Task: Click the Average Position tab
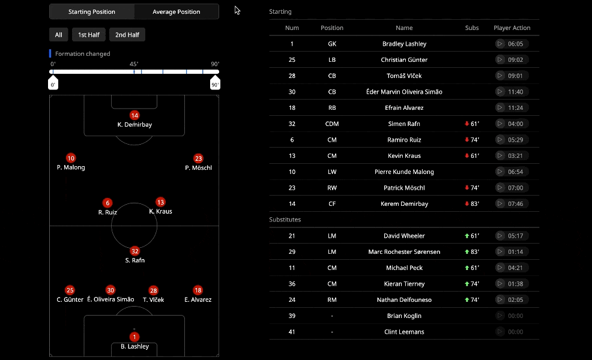pyautogui.click(x=177, y=11)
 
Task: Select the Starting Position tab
pyautogui.click(x=92, y=11)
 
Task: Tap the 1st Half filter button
pyautogui.click(x=89, y=35)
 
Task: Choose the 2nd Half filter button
pyautogui.click(x=127, y=35)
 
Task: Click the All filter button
pyautogui.click(x=58, y=35)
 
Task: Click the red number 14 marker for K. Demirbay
pyautogui.click(x=134, y=115)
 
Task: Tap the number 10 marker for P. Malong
pyautogui.click(x=71, y=158)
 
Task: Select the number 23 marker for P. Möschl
pyautogui.click(x=198, y=158)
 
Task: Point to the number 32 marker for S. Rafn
pyautogui.click(x=134, y=251)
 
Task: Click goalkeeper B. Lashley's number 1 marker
pyautogui.click(x=134, y=337)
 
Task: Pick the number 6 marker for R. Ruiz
pyautogui.click(x=107, y=203)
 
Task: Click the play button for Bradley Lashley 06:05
pyautogui.click(x=500, y=44)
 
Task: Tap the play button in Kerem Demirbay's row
pyautogui.click(x=500, y=204)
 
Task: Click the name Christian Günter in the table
pyautogui.click(x=404, y=60)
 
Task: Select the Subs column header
pyautogui.click(x=472, y=28)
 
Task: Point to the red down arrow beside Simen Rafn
pyautogui.click(x=467, y=124)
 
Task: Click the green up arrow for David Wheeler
pyautogui.click(x=467, y=236)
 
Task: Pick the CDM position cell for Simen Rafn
pyautogui.click(x=332, y=124)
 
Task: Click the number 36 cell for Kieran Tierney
pyautogui.click(x=292, y=284)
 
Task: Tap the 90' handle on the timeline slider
pyautogui.click(x=215, y=84)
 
